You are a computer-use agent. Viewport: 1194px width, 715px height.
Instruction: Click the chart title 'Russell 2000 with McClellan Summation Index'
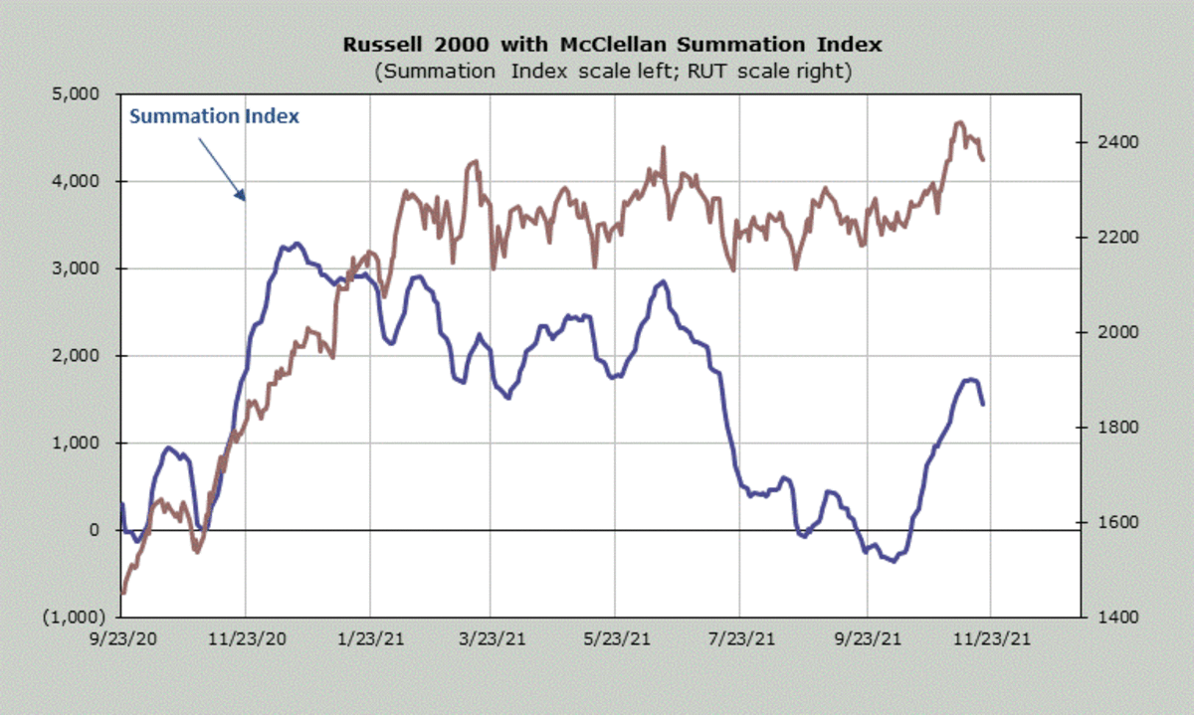[x=611, y=45]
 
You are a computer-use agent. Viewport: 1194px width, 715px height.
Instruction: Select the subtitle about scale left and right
[x=611, y=72]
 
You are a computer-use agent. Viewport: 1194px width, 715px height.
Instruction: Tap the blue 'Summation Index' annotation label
[x=215, y=116]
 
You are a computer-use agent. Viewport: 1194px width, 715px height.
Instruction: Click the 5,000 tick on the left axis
[x=84, y=94]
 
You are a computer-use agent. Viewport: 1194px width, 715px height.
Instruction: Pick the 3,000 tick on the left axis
[x=84, y=268]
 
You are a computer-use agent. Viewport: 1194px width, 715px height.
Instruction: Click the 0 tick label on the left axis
[x=98, y=530]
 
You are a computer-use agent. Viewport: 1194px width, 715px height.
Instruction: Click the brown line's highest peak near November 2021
[x=959, y=122]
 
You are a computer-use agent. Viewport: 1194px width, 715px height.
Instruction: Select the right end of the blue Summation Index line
[x=983, y=404]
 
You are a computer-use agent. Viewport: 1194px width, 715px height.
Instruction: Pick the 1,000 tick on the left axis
[x=84, y=443]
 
